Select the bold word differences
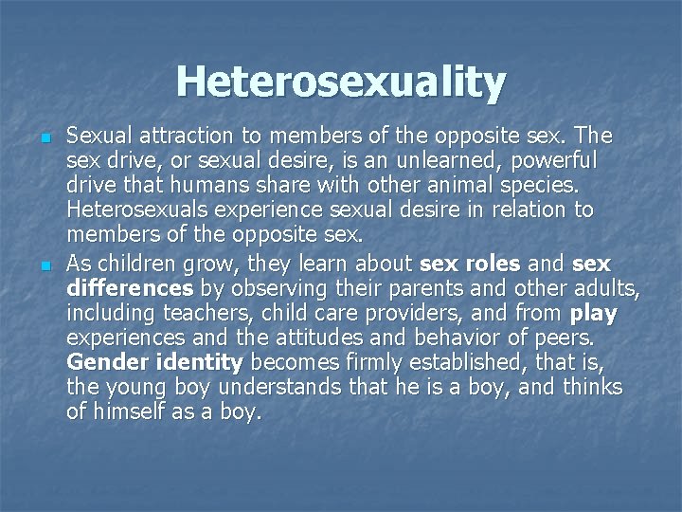[131, 286]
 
